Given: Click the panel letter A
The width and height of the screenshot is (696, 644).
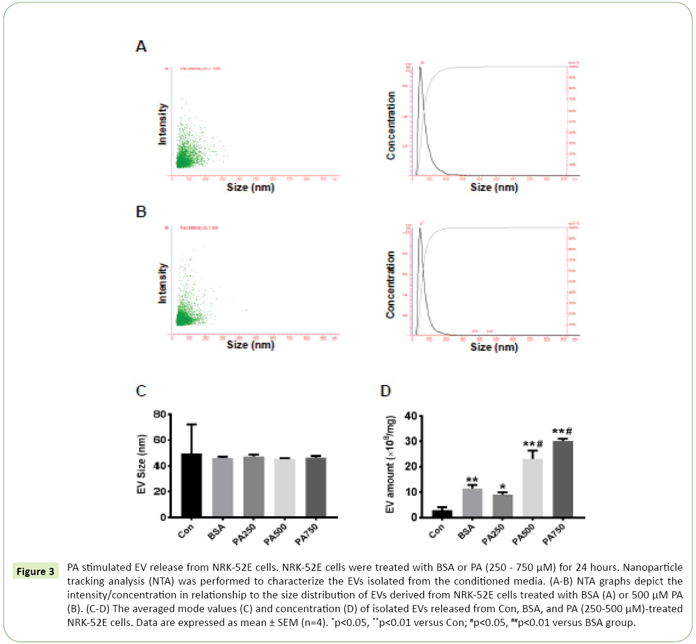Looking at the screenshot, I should point(141,46).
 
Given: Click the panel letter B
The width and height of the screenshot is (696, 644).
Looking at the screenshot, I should point(141,212).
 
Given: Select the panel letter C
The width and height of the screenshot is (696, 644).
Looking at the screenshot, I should point(141,391).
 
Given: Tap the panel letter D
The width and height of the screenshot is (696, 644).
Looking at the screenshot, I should point(385,391).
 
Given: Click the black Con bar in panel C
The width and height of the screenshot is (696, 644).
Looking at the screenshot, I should point(191,486).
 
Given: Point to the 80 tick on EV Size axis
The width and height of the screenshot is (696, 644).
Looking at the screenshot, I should point(159,414).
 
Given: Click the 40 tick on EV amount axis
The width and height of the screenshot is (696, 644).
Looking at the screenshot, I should point(411,416).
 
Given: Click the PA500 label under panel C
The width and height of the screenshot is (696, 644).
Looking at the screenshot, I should point(275,534).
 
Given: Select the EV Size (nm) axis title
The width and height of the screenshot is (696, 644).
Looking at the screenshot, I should point(141,464).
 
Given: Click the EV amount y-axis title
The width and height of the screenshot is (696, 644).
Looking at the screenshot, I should point(390,464).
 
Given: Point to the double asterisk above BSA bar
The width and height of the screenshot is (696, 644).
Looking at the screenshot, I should point(472,480).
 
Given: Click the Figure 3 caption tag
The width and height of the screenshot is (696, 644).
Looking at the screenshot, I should point(35,571).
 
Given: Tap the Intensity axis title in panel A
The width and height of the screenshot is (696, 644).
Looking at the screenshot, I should point(162,124).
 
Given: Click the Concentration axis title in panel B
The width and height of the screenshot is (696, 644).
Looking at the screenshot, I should point(391,285).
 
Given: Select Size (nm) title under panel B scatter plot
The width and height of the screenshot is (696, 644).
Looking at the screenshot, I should point(251,345).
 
